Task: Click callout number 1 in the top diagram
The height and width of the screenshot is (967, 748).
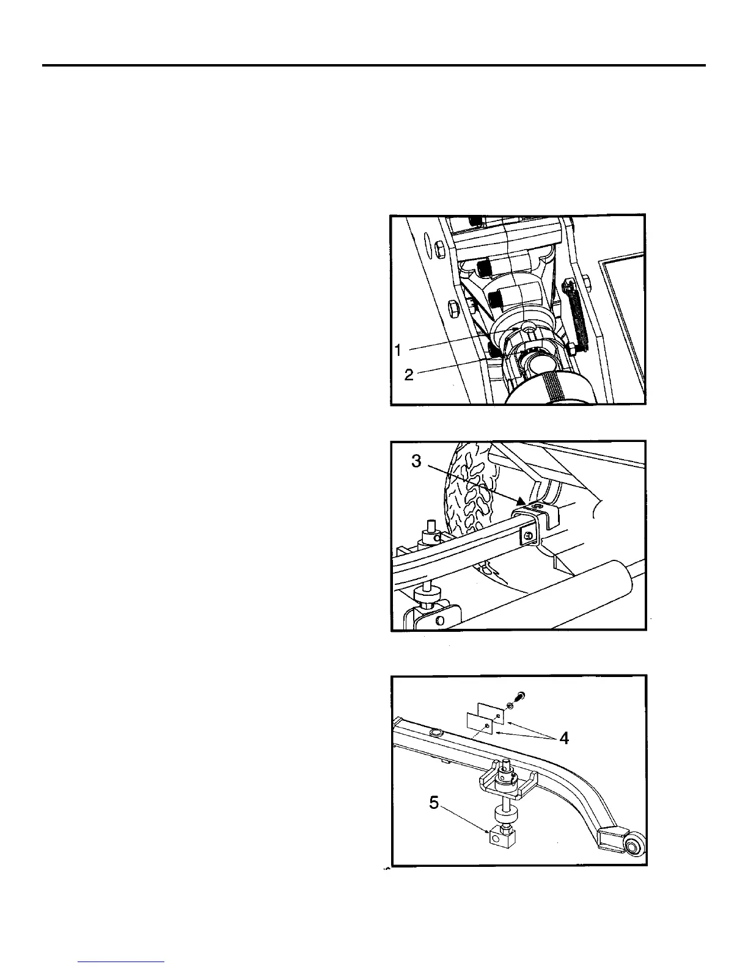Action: [x=398, y=350]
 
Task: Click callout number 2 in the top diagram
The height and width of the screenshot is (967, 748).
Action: [x=409, y=375]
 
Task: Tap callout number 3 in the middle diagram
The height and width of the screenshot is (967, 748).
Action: [x=416, y=462]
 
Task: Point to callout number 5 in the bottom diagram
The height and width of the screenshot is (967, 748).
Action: [x=434, y=803]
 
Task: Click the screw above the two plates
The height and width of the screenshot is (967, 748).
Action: [x=521, y=695]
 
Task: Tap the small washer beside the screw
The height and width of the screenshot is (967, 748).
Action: [x=511, y=706]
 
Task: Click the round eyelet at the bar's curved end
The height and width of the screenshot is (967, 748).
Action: [x=632, y=846]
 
